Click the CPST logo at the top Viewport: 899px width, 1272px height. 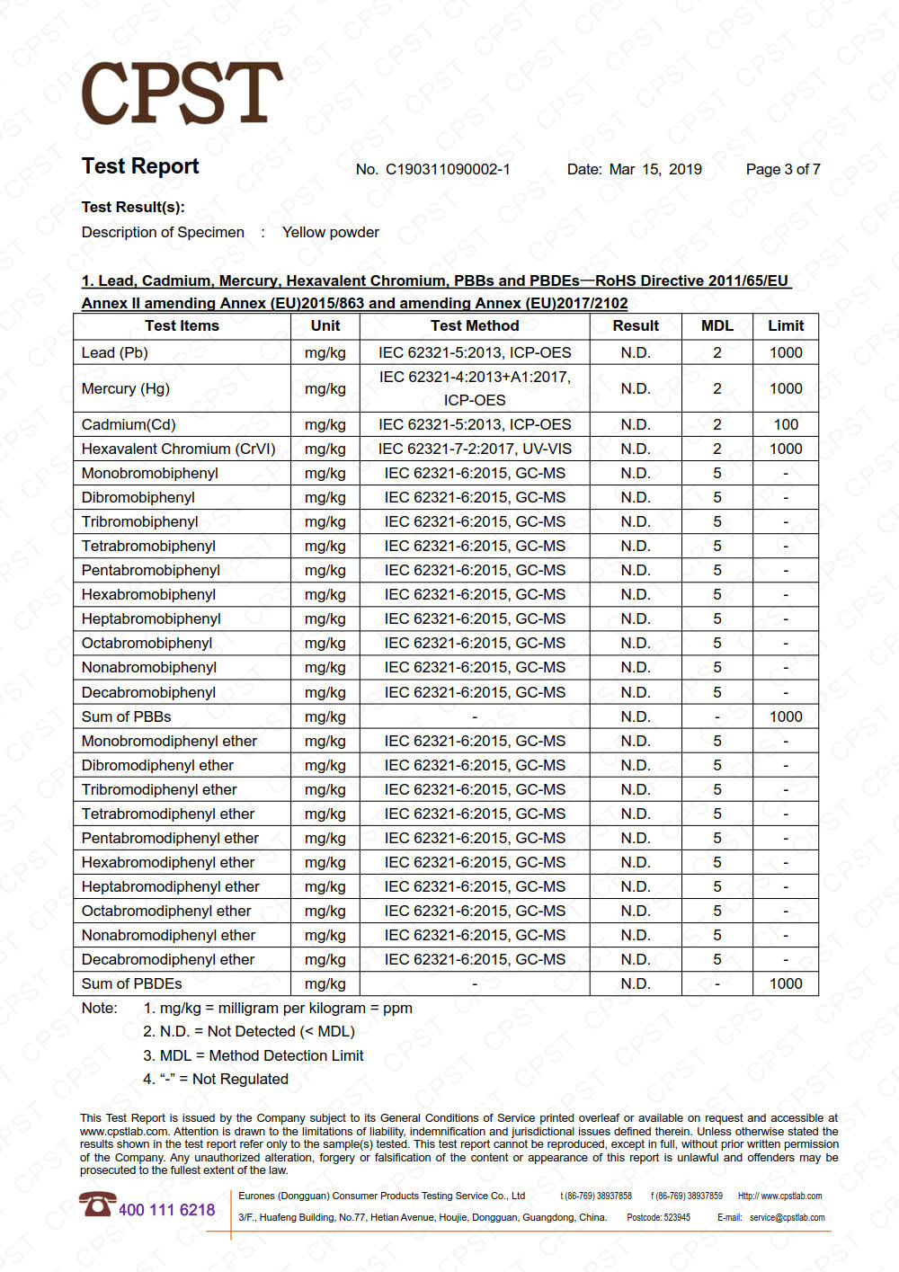click(182, 93)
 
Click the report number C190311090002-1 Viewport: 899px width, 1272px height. click(448, 169)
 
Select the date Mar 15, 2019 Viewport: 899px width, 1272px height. click(655, 169)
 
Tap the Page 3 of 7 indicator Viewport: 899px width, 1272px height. click(782, 169)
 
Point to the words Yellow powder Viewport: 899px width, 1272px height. click(330, 232)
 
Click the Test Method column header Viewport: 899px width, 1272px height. click(475, 326)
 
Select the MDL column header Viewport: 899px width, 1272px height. click(717, 326)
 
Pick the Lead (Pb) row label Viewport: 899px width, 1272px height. click(115, 352)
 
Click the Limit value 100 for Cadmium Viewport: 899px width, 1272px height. click(785, 424)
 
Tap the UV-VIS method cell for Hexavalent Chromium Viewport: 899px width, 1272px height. click(475, 449)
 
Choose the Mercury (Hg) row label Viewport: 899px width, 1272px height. click(126, 388)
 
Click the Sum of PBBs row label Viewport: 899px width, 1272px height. click(127, 716)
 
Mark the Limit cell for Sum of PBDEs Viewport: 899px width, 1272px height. click(785, 983)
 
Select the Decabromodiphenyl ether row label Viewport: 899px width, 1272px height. click(168, 959)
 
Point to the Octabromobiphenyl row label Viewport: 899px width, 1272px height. click(147, 643)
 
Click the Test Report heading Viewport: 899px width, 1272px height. click(140, 166)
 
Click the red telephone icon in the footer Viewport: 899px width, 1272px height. click(96, 1204)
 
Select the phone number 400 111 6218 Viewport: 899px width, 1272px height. click(167, 1210)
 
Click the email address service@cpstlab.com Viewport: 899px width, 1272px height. click(787, 1218)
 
